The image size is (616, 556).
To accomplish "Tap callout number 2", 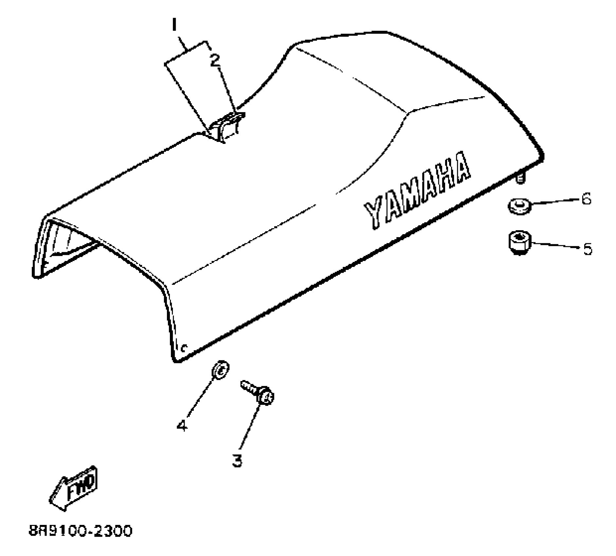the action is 214,61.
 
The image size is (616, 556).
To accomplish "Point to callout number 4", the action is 182,426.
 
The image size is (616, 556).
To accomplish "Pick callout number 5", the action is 588,249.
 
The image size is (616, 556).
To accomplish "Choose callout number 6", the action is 587,199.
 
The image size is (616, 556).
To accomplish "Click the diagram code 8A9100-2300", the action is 81,531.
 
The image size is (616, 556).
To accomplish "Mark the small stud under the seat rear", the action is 520,179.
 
